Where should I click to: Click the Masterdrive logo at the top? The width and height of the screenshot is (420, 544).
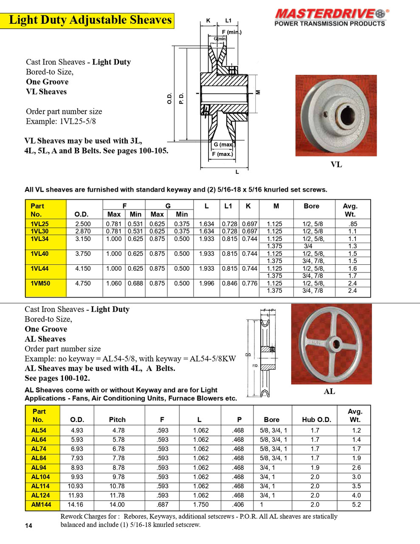pyautogui.click(x=330, y=17)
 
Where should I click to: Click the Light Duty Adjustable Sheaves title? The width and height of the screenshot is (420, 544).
pyautogui.click(x=90, y=20)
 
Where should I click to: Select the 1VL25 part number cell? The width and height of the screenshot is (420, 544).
pyautogui.click(x=39, y=224)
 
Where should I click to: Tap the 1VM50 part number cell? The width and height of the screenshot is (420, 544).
pyautogui.click(x=40, y=283)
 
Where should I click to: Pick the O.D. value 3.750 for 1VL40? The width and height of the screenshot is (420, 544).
pyautogui.click(x=83, y=253)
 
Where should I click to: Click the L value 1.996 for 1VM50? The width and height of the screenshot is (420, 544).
pyautogui.click(x=206, y=283)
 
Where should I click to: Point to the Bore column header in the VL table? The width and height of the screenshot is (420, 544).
pyautogui.click(x=311, y=206)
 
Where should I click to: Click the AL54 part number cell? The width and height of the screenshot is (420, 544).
pyautogui.click(x=39, y=430)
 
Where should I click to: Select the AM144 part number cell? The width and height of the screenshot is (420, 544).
pyautogui.click(x=41, y=504)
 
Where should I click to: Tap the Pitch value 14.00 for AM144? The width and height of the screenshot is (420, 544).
pyautogui.click(x=117, y=504)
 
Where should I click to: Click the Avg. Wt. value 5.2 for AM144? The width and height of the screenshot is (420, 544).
pyautogui.click(x=356, y=504)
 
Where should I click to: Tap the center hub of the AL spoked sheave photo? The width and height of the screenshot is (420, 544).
pyautogui.click(x=331, y=343)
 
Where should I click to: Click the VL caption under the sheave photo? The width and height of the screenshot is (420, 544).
pyautogui.click(x=336, y=164)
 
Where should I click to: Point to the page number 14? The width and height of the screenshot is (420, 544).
pyautogui.click(x=28, y=526)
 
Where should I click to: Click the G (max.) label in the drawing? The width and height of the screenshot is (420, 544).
pyautogui.click(x=223, y=144)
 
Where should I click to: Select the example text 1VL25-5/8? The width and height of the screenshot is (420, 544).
pyautogui.click(x=78, y=121)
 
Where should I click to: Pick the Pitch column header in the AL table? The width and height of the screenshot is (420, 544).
pyautogui.click(x=117, y=419)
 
